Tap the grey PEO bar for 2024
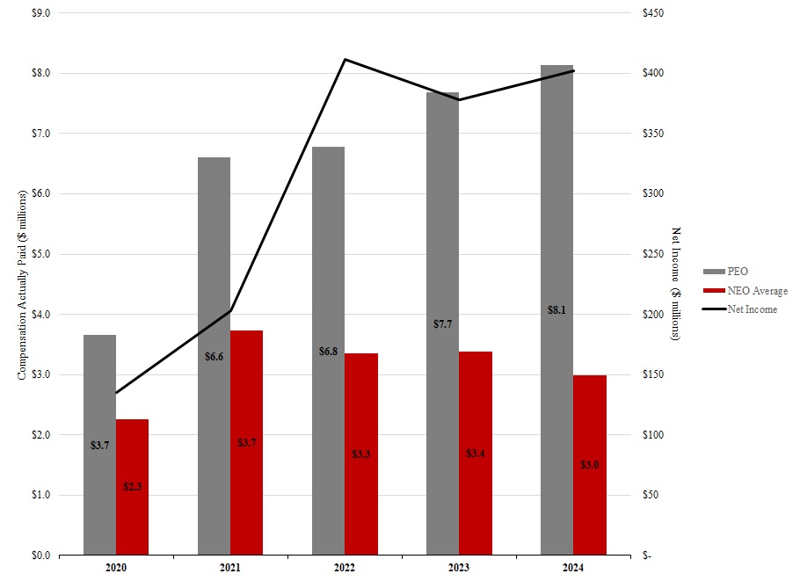pyautogui.click(x=556, y=220)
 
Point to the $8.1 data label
pyautogui.click(x=556, y=309)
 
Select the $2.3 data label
pyautogui.click(x=133, y=486)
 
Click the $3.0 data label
pyautogui.click(x=590, y=464)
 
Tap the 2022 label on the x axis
pyautogui.click(x=345, y=569)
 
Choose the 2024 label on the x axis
pyautogui.click(x=573, y=569)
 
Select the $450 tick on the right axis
pyautogui.click(x=656, y=13)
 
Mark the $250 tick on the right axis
pyautogui.click(x=656, y=254)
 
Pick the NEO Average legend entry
pyautogui.click(x=757, y=291)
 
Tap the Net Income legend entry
pyautogui.click(x=752, y=309)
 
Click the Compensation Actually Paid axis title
pyautogui.click(x=22, y=283)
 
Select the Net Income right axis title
pyautogui.click(x=676, y=283)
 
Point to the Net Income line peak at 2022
pyautogui.click(x=345, y=59)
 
